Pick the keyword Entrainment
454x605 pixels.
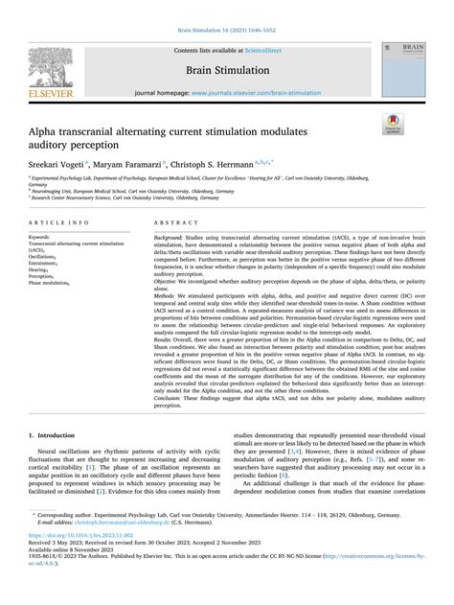[46, 263]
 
